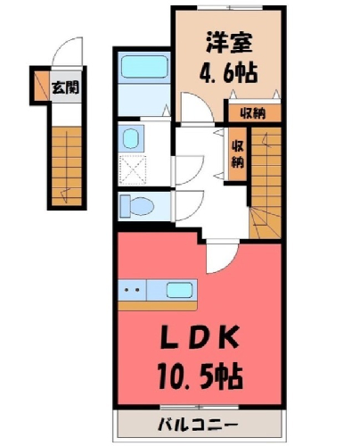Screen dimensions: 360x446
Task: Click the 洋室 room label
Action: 229,43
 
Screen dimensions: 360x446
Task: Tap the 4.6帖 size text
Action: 228,73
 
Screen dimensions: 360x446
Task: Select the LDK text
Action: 200,338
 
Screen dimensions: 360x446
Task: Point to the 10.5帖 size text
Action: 200,377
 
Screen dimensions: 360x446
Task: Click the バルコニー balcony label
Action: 198,425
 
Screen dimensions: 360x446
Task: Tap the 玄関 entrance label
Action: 65,87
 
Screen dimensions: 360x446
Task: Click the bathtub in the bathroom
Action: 144,67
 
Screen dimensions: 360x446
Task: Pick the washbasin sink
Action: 131,139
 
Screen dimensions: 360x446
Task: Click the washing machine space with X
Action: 133,169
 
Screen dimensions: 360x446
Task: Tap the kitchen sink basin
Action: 179,290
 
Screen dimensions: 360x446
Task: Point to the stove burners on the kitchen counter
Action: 132,290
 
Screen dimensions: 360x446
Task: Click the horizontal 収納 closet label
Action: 253,113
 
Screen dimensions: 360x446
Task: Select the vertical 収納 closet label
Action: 238,153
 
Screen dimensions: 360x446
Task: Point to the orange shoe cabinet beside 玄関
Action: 42,86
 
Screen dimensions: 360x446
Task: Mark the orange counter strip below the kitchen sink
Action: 158,306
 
